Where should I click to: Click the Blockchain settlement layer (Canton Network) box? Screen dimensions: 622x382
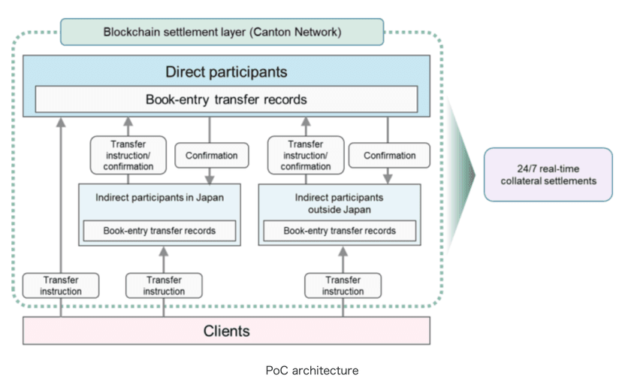[222, 32]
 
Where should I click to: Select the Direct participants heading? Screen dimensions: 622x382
[226, 72]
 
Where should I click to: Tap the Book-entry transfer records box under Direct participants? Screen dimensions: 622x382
[226, 99]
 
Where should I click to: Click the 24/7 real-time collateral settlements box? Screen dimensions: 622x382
[548, 174]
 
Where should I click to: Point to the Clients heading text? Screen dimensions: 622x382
[227, 331]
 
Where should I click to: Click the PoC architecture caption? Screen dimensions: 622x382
[312, 371]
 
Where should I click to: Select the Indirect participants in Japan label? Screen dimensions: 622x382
[159, 197]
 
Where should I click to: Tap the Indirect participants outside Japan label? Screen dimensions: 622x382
[339, 203]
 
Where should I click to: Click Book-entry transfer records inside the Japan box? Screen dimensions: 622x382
[159, 231]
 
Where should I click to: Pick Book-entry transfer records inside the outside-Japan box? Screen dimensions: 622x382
[340, 231]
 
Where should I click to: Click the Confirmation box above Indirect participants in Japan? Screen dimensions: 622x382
[212, 155]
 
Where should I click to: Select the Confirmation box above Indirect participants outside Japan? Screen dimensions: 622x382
[390, 155]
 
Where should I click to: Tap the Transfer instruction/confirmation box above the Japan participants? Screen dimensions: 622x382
[128, 155]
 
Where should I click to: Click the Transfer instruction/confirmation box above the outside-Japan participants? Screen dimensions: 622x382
[306, 155]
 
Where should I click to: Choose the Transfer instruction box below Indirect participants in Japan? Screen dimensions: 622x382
[164, 286]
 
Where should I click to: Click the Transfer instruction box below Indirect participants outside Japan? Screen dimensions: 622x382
[343, 286]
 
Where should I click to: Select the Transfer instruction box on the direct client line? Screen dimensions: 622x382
[61, 286]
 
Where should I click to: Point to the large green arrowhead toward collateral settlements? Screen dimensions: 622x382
[461, 174]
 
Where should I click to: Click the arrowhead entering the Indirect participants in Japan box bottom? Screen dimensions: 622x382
[164, 251]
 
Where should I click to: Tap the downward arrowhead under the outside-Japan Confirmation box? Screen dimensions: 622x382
[388, 178]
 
